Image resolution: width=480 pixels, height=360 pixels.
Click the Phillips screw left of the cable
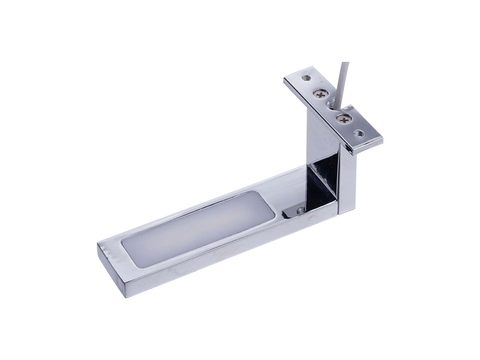pos(321,94)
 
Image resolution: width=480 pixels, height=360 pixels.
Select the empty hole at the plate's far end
pos(306,77)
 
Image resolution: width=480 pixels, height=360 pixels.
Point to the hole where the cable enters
pos(331,104)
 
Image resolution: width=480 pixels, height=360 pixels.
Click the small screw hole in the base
pos(295,211)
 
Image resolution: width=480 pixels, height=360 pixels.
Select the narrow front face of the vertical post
pos(346,180)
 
